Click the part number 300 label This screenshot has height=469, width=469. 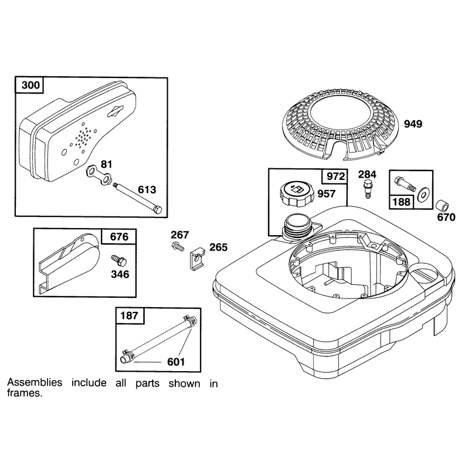pos(30,85)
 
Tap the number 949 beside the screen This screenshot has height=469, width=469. pos(413,124)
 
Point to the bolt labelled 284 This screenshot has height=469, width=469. pos(368,188)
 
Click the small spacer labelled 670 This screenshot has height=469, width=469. pos(442,206)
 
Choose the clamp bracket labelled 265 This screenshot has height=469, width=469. pos(197,257)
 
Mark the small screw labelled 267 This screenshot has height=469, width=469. pos(178,247)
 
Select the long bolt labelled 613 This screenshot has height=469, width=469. pos(138,199)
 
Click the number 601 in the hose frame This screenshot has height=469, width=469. pos(176,362)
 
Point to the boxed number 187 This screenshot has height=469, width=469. pos(129,315)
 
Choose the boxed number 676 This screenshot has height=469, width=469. pos(119,237)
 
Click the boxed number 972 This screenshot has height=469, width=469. pos(335,176)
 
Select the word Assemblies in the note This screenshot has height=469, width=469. pos(35,382)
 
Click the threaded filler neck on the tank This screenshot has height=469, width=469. pos(296,227)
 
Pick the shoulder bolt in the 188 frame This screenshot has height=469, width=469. pos(405,183)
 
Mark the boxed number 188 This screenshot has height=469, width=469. pos(401,202)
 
